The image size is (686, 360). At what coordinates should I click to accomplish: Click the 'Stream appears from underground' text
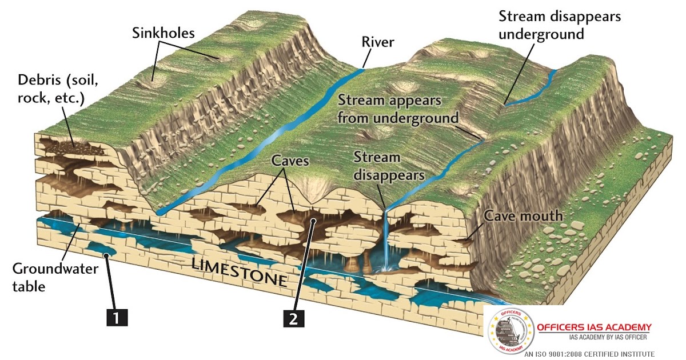398,109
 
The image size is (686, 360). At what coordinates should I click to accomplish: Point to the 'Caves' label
290,161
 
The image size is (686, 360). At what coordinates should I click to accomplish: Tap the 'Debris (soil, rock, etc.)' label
51,89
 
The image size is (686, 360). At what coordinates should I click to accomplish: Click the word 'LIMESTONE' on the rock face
238,271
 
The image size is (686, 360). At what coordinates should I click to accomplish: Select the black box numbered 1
116,315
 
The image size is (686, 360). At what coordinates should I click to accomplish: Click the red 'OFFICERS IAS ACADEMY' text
594,327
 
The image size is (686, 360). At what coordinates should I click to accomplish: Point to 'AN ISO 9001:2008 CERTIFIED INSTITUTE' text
589,354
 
